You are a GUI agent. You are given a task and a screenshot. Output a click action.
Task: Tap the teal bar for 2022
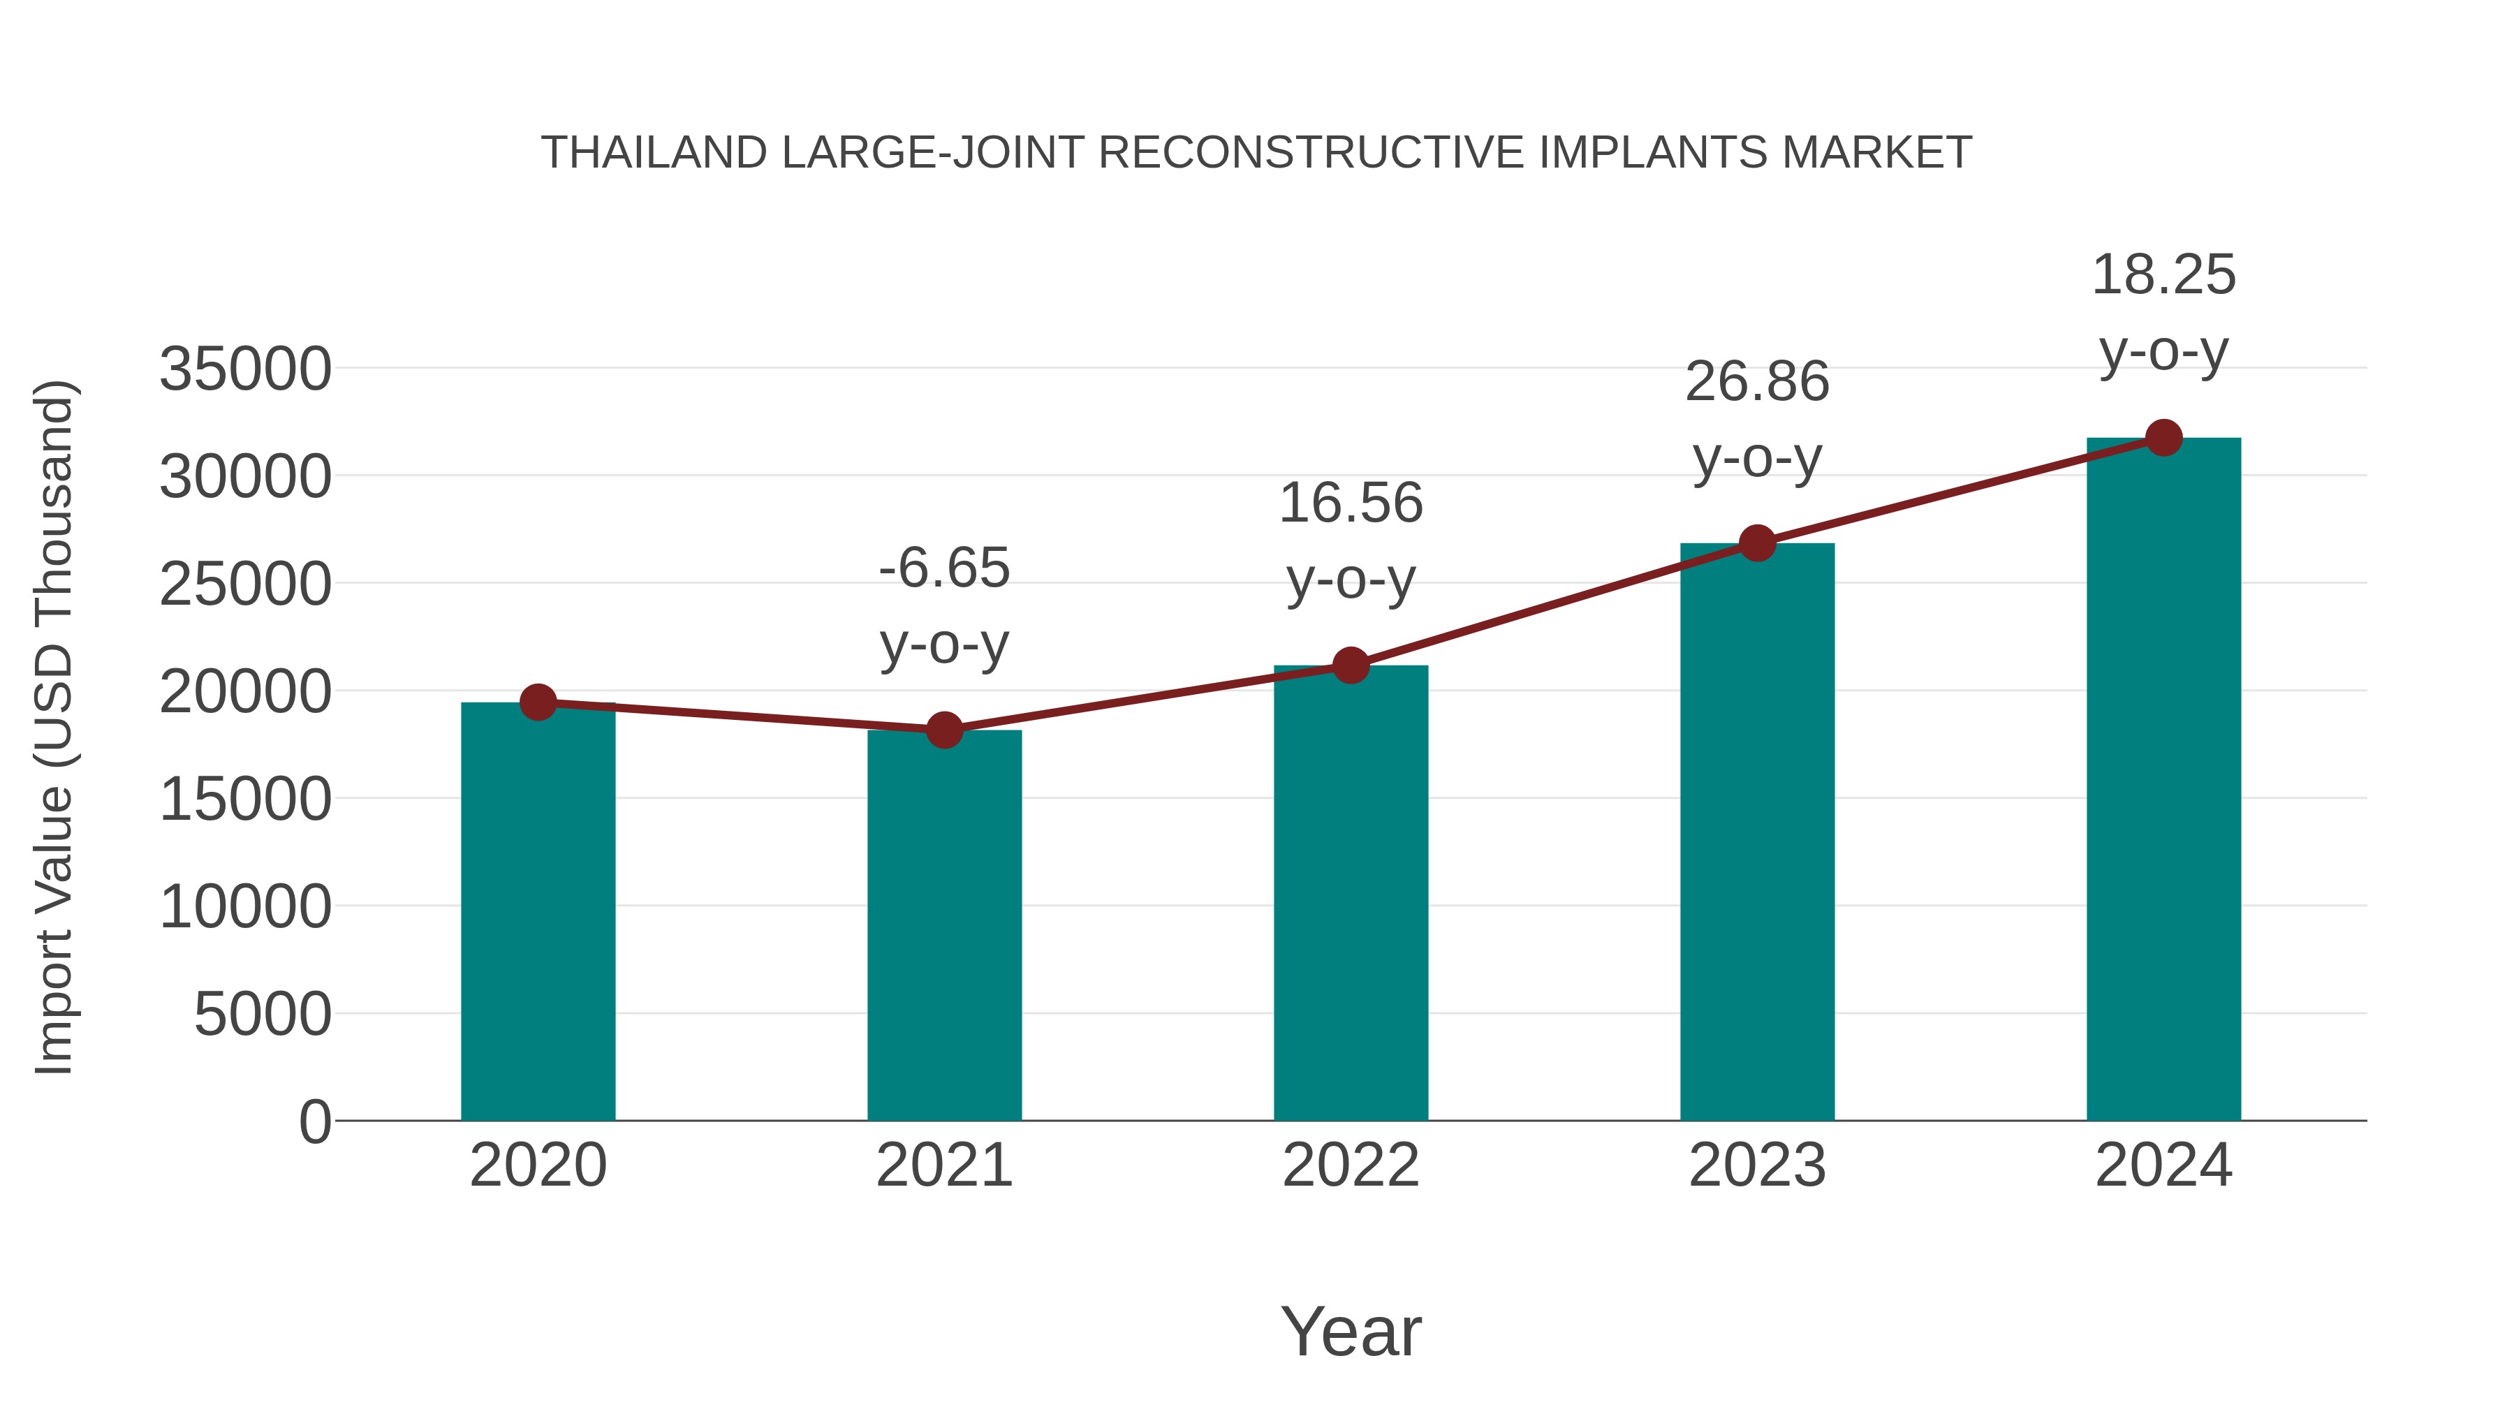1351,893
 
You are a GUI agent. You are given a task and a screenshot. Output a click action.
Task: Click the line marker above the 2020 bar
538,702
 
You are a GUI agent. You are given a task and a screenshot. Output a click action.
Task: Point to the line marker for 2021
943,729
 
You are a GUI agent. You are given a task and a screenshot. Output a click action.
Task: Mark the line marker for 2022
1351,665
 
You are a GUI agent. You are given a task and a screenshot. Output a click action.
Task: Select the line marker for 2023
1757,543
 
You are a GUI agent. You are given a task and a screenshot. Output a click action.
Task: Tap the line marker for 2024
2163,438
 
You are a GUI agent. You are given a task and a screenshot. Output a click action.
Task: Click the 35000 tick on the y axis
245,370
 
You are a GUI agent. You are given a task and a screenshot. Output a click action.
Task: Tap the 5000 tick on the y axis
263,1014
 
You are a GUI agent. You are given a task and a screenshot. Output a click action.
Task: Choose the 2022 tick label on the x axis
1351,1165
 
